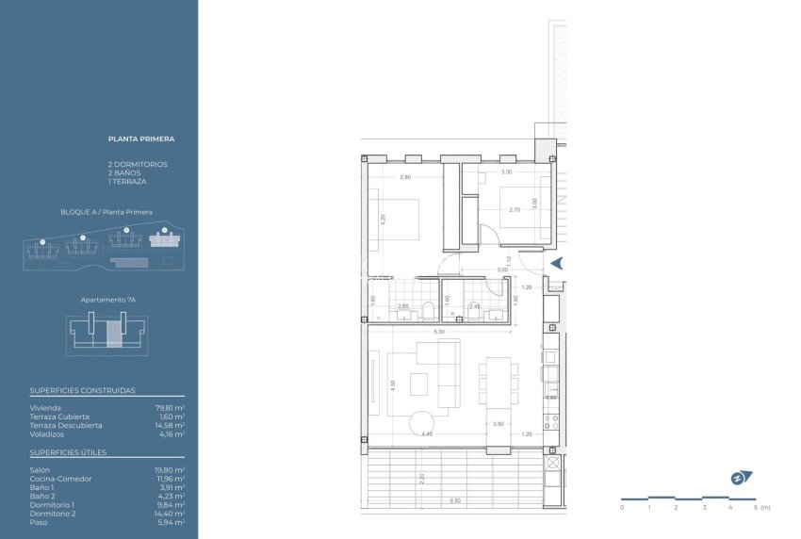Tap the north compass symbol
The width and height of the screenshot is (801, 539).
point(736,478)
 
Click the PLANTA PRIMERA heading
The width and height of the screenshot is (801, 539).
point(141,139)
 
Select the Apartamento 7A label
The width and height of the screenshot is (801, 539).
point(106,300)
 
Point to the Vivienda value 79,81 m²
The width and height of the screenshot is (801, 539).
point(170,408)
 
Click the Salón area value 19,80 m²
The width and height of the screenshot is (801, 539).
point(170,469)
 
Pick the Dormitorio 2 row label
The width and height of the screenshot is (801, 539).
point(52,513)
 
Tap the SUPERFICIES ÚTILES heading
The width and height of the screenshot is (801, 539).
point(68,452)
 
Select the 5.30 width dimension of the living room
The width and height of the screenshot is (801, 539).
point(439,332)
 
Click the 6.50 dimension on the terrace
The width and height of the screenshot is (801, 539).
point(455,501)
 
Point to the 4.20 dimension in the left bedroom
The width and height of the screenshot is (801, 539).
point(383,219)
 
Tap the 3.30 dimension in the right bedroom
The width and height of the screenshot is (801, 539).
point(506,172)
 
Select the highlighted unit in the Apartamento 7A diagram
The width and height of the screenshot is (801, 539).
point(114,333)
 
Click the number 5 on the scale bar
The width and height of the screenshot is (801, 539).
point(756,507)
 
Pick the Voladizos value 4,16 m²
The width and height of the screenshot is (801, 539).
point(170,434)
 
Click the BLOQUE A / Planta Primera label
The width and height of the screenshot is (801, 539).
point(106,212)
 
